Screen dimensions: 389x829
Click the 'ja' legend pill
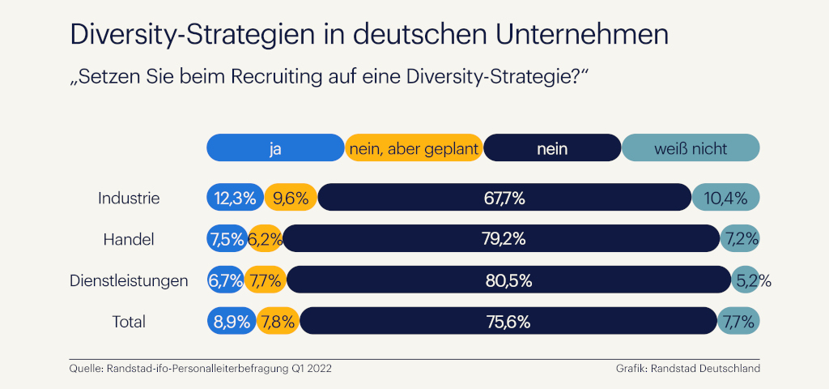coord(275,148)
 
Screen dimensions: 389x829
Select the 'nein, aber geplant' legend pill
coord(414,148)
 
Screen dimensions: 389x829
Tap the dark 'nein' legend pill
coord(552,148)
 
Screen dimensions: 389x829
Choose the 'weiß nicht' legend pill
coord(691,148)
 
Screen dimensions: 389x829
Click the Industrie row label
coord(129,198)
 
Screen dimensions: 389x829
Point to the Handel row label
coord(129,239)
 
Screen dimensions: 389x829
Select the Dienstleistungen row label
coord(129,280)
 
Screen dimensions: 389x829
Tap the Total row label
coord(129,322)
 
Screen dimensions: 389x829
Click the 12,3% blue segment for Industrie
coord(235,198)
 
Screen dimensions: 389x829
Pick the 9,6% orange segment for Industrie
coord(291,198)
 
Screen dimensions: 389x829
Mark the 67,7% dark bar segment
coord(504,198)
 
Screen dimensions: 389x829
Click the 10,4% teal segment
coord(725,198)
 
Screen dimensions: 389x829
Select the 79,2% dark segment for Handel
coord(502,239)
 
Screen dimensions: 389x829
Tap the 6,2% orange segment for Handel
coord(264,239)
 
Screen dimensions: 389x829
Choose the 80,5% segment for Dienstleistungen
coord(508,280)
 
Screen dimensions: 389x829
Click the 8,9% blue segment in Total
coord(232,322)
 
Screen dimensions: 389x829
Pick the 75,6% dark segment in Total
coord(508,322)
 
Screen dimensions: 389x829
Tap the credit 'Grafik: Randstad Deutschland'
coord(687,369)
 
